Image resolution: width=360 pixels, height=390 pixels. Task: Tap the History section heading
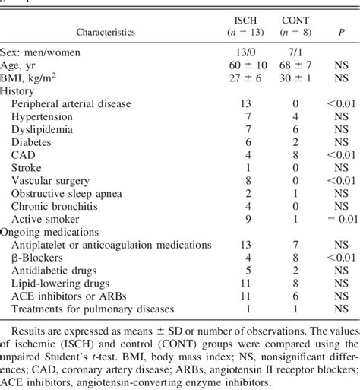[x=20, y=89]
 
